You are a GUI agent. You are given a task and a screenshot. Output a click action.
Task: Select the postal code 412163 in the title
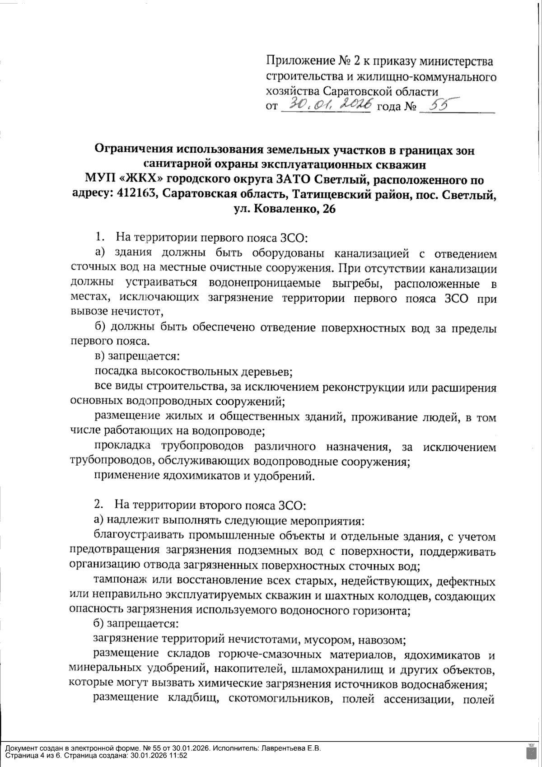click(x=135, y=194)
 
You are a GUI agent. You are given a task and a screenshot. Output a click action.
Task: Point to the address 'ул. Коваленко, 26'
click(x=284, y=209)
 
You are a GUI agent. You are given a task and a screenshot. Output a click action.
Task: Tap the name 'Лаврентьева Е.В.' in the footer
click(x=292, y=748)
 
